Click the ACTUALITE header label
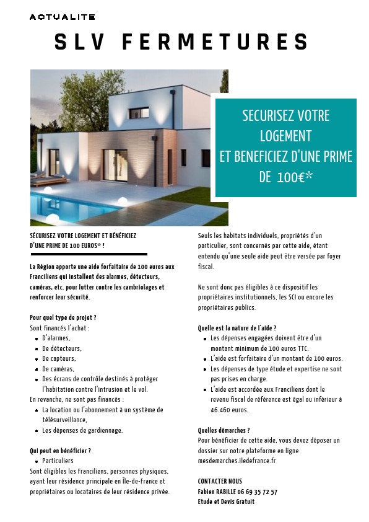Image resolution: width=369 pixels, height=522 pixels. point(61,17)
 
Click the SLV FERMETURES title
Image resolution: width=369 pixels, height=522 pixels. point(182,42)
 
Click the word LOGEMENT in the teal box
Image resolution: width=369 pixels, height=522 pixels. point(285,136)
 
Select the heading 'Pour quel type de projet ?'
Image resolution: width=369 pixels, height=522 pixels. point(63,317)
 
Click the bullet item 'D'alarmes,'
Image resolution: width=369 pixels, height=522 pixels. point(56,338)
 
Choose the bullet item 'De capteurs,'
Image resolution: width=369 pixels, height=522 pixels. point(59,359)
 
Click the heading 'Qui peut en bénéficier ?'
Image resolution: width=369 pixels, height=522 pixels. point(61,451)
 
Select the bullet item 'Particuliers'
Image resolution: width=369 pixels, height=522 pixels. point(58,461)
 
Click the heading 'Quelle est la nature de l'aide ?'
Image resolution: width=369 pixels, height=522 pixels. point(237,328)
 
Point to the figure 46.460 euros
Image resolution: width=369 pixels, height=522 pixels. point(230,410)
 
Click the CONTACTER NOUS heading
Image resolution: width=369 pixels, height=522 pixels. point(220,481)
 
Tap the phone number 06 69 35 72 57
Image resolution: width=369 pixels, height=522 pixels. point(256,492)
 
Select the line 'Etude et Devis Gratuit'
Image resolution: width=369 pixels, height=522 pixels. point(226,502)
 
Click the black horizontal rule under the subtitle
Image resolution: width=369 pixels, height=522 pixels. point(89,254)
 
